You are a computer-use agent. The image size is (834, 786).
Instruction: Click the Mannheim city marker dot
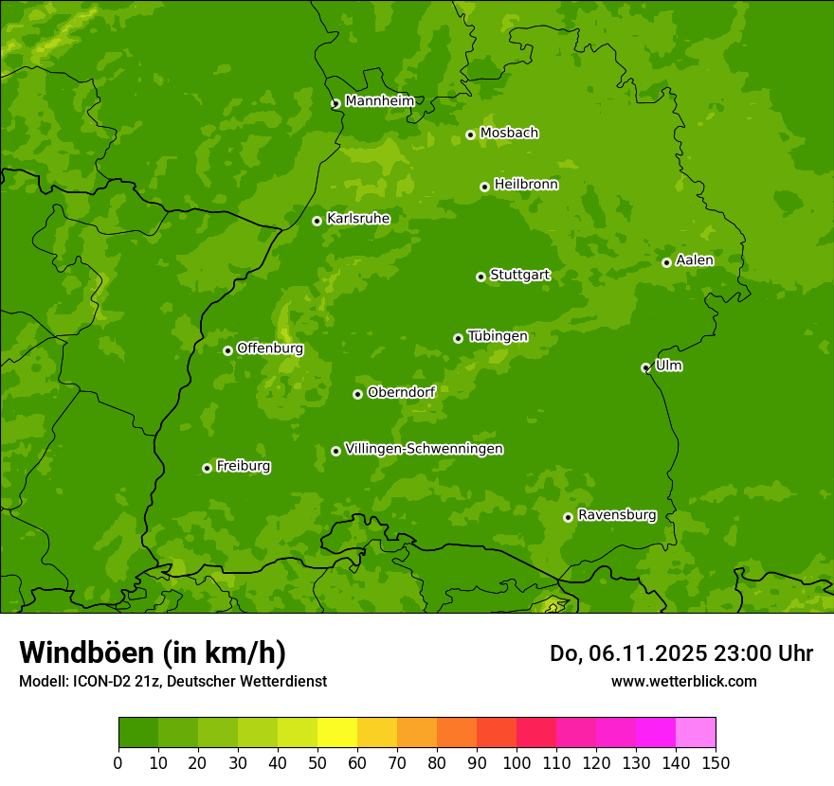coord(335,104)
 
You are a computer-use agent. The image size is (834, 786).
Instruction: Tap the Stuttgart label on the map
coord(519,275)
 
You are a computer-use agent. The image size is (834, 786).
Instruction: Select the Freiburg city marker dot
coord(207,468)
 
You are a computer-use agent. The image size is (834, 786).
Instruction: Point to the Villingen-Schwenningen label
coord(424,449)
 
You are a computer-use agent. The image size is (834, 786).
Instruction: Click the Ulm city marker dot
coord(645,367)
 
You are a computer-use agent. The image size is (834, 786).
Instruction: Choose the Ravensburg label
coord(616,515)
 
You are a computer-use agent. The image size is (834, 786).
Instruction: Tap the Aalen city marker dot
coord(666,262)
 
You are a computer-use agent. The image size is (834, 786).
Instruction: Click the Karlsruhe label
coord(358,219)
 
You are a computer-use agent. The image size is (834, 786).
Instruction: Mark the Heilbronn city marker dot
coord(484,187)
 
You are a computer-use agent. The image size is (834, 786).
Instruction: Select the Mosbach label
coord(509,134)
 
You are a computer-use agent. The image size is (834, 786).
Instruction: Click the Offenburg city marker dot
coord(227,350)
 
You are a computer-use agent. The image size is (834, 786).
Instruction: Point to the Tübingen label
coord(498,336)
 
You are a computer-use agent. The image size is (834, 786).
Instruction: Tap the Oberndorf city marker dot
coord(357,394)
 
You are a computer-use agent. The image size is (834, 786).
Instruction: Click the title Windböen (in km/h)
coord(152,652)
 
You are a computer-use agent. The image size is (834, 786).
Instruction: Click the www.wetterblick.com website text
coord(683,681)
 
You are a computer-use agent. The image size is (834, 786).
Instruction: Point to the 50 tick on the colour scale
coord(317,762)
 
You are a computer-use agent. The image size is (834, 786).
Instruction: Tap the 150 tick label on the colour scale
coord(716,762)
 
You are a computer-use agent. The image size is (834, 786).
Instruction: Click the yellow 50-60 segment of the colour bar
coord(337,733)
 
